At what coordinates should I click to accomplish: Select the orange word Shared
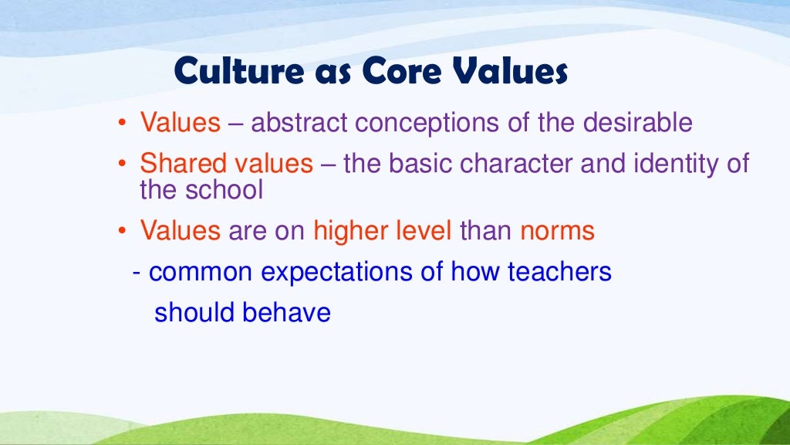point(176,164)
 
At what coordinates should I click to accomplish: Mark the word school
point(225,189)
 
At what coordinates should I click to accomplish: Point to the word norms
point(558,231)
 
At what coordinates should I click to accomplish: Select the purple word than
point(487,230)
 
